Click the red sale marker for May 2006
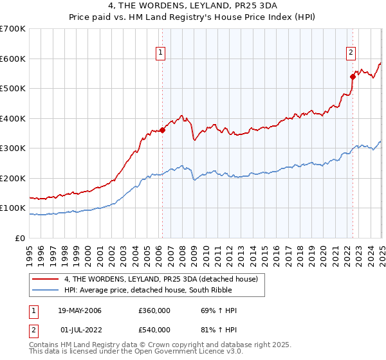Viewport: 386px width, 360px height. tap(163, 130)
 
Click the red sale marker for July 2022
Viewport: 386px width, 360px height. tap(353, 76)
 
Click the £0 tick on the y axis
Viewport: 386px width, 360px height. tap(20, 238)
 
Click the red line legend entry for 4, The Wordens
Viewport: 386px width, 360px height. tap(161, 279)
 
